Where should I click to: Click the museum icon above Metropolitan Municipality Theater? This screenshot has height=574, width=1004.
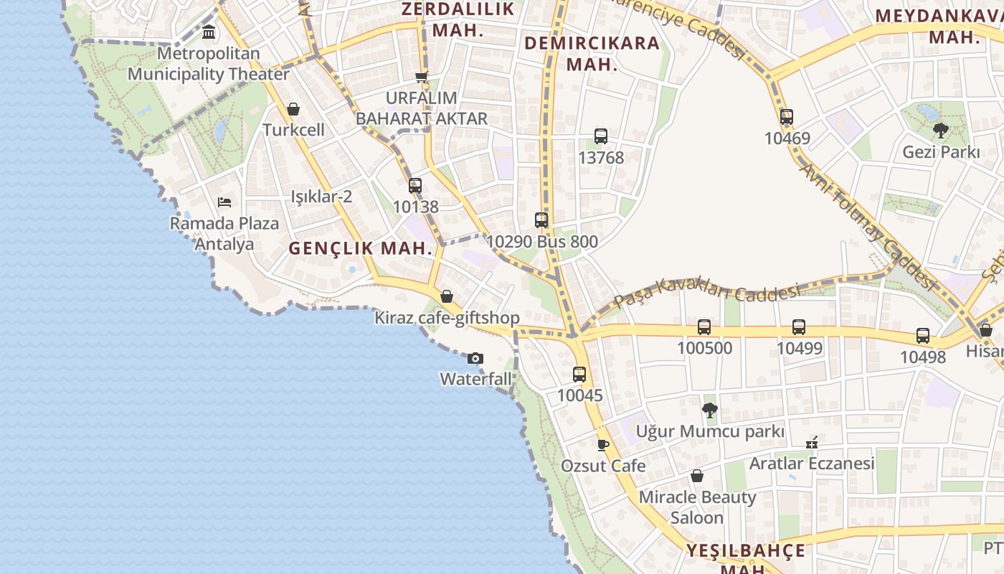click(x=209, y=32)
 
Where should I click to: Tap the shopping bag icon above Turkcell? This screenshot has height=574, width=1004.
click(x=293, y=109)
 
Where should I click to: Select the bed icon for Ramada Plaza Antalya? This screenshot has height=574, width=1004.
click(x=224, y=202)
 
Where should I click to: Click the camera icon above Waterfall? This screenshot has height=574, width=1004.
click(x=475, y=358)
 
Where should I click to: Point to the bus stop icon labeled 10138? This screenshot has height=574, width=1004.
click(x=415, y=186)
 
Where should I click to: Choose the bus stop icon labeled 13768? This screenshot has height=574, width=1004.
click(x=601, y=136)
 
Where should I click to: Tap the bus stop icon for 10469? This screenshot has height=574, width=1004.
click(x=787, y=117)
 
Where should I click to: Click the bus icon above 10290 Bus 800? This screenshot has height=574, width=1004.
click(x=541, y=220)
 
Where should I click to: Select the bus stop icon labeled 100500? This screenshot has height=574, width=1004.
click(x=704, y=327)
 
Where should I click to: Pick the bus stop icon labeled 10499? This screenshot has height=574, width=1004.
click(x=799, y=327)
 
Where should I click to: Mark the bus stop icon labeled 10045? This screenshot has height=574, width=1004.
click(x=579, y=374)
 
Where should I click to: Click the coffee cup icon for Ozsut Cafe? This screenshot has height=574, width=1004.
click(x=603, y=445)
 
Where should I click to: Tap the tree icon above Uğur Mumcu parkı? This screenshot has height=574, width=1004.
click(x=710, y=410)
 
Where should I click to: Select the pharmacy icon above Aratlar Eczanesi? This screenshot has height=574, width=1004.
click(x=812, y=442)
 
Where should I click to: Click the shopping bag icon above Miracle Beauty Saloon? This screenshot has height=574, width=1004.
click(x=697, y=476)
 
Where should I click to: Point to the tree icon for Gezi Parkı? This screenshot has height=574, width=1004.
click(x=940, y=131)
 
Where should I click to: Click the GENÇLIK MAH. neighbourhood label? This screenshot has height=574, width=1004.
click(x=361, y=249)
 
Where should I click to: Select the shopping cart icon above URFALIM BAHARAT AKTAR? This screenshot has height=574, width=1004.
click(x=422, y=77)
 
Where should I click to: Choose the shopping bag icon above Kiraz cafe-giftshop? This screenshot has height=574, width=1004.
click(x=447, y=296)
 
